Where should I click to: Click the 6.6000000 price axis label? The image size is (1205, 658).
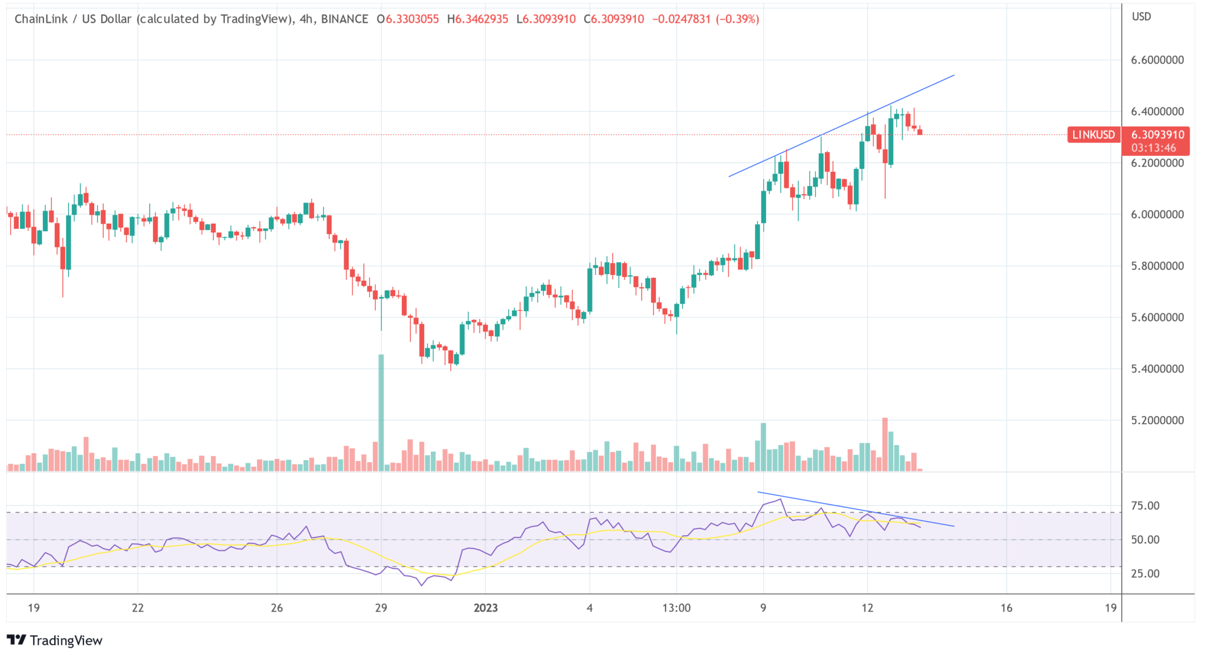(1157, 60)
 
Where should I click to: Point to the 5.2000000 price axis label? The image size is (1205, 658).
(1157, 420)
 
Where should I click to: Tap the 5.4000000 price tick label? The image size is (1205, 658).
(1157, 369)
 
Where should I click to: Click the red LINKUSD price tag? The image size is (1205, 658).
(1093, 135)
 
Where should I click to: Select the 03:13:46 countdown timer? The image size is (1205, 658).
(1153, 148)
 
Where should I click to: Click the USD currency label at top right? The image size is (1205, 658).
(1141, 16)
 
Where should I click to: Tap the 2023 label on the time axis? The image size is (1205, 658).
(485, 608)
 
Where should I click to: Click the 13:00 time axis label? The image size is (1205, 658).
(676, 608)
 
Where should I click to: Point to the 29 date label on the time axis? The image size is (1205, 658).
(381, 608)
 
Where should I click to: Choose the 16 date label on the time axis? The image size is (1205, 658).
(1006, 608)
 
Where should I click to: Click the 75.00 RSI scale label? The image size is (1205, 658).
(1145, 506)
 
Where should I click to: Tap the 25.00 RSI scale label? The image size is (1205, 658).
(1145, 573)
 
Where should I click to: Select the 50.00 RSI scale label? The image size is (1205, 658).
(1145, 540)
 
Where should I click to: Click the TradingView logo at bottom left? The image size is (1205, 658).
(54, 640)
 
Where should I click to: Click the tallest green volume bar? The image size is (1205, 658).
(381, 412)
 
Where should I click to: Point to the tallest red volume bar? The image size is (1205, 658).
(884, 444)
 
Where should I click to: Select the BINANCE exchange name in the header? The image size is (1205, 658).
(344, 19)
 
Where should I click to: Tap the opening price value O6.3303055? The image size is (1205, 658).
(408, 19)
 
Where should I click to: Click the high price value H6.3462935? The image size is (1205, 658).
(477, 19)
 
